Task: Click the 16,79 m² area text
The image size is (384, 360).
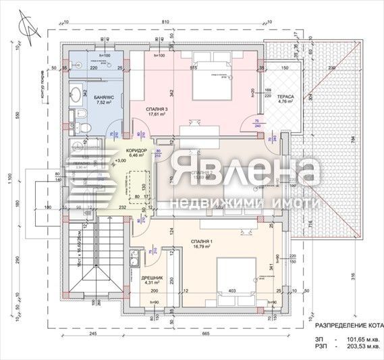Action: point(200,247)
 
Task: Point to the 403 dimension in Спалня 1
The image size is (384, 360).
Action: point(232,291)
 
